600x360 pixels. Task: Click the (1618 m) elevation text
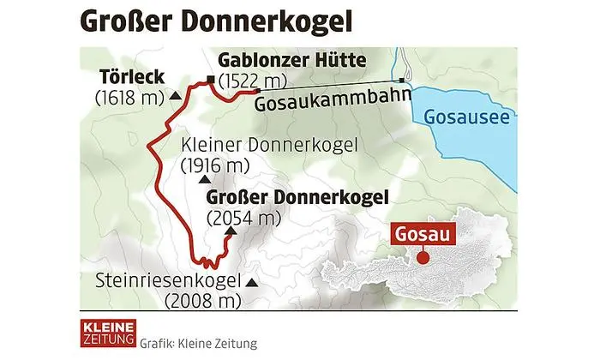click(x=128, y=97)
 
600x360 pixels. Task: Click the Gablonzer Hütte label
click(x=292, y=61)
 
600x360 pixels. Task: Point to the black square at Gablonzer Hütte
click(x=210, y=81)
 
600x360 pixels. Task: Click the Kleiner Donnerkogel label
click(x=270, y=145)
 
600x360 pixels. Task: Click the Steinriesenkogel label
click(x=169, y=280)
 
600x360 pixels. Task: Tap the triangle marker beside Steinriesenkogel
click(x=251, y=282)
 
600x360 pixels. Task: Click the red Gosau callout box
click(x=421, y=232)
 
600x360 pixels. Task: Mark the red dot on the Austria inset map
click(x=422, y=256)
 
